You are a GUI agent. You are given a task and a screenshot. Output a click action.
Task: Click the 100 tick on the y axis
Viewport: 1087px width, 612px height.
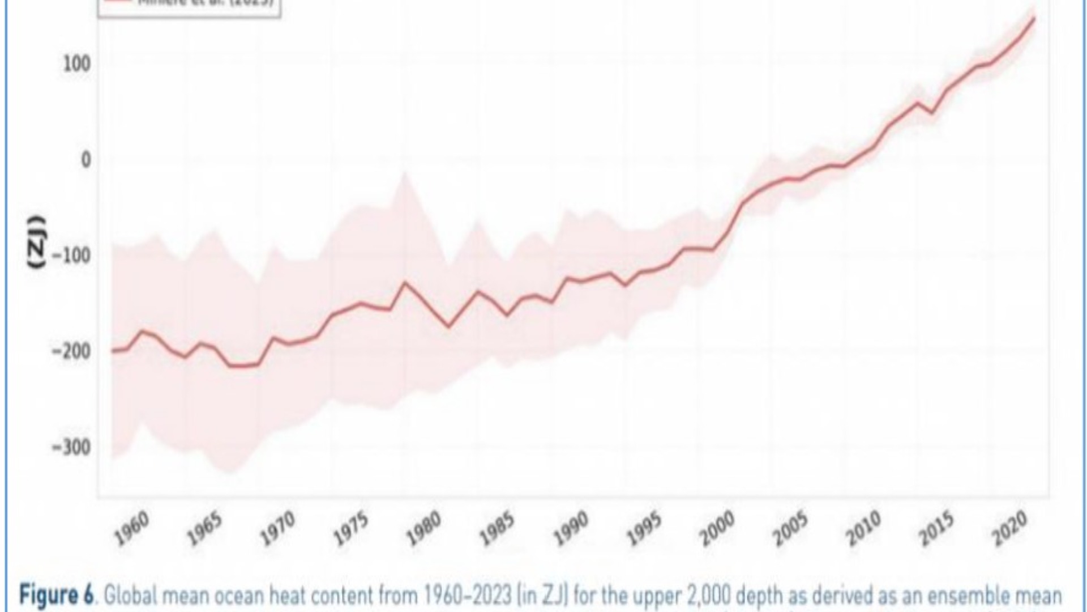click(x=77, y=63)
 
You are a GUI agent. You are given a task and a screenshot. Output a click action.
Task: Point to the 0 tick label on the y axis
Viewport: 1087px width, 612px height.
click(x=85, y=160)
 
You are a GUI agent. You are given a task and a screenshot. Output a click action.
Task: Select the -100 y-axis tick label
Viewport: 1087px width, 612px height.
click(x=71, y=256)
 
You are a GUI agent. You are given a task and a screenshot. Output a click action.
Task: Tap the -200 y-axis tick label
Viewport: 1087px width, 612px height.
click(x=71, y=351)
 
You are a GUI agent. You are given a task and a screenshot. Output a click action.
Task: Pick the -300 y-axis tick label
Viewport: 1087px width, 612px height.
click(x=71, y=448)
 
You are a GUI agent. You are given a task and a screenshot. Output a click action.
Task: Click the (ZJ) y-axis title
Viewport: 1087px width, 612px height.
click(x=37, y=242)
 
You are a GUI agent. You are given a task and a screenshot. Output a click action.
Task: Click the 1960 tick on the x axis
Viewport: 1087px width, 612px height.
click(x=131, y=528)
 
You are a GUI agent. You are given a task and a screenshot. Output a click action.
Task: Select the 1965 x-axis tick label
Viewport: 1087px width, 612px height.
click(x=204, y=528)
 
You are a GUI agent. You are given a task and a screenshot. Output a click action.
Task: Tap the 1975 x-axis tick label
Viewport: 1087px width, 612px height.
click(x=350, y=528)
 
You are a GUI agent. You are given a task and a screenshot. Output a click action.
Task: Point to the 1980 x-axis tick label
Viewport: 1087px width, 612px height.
click(x=423, y=528)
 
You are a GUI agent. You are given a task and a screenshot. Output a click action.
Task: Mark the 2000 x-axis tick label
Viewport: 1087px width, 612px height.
click(x=717, y=528)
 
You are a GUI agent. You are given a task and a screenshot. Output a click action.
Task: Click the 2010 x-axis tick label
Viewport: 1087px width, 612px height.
click(x=863, y=528)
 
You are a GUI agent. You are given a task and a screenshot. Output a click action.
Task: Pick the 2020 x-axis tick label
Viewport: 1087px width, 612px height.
click(x=1009, y=528)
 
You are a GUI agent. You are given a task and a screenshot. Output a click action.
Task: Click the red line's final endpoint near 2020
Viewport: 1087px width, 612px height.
click(x=1034, y=18)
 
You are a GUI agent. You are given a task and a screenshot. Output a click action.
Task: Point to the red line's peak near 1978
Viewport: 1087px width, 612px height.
click(x=405, y=282)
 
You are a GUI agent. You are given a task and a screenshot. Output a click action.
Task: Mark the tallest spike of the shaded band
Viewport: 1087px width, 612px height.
click(x=404, y=173)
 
